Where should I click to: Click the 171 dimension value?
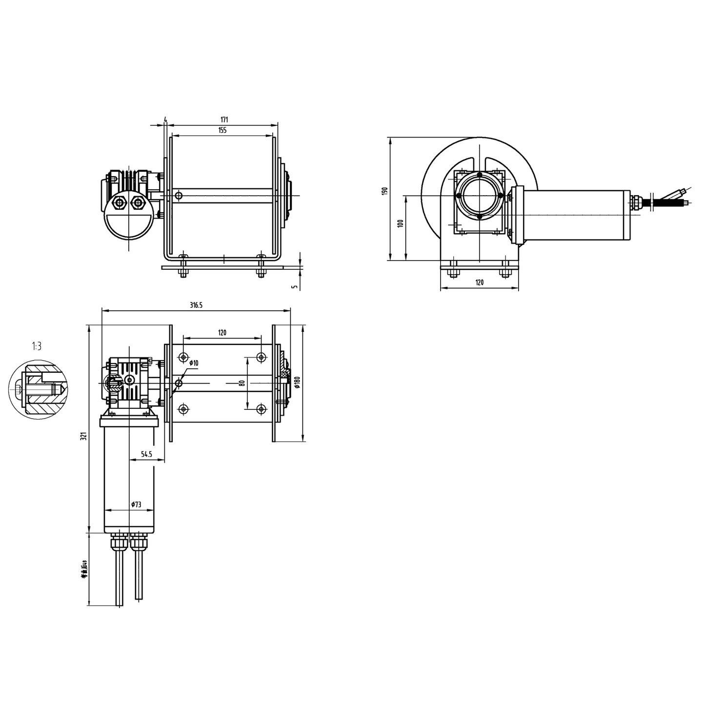pos(224,119)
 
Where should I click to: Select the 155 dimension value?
pos(222,130)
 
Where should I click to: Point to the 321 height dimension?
pos(84,436)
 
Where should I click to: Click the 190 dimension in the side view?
pos(385,191)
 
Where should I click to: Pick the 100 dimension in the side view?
pos(400,224)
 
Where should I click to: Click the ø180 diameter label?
pos(297,382)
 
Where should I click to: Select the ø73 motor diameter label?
pos(136,505)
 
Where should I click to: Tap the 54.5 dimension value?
pos(146,454)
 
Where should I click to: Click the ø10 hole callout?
pos(194,363)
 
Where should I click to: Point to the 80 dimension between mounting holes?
pos(242,383)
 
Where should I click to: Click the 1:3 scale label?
pos(37,346)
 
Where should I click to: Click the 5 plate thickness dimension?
pos(294,286)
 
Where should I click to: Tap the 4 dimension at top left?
pos(166,119)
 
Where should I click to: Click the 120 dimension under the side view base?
pos(479,282)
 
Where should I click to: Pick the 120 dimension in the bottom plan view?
pos(222,333)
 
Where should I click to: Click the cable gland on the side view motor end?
pos(637,203)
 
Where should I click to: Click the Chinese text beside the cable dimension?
pos(84,569)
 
